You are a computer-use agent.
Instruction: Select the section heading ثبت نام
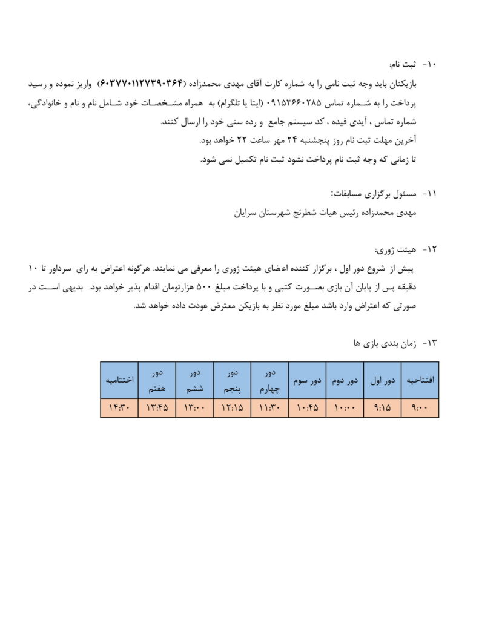point(403,64)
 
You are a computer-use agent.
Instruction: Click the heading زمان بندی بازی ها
point(380,343)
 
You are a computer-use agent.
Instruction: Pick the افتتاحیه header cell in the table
point(420,380)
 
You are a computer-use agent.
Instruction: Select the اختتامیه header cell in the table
point(119,380)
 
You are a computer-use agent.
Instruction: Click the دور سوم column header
point(307,380)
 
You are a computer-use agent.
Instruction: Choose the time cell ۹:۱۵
point(382,408)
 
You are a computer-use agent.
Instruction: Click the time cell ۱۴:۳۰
point(119,408)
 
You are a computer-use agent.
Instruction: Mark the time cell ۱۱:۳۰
point(269,408)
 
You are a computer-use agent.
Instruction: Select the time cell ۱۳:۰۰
point(194,408)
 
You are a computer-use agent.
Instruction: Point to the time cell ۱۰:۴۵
point(307,408)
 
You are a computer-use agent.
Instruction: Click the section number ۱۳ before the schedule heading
point(431,343)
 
